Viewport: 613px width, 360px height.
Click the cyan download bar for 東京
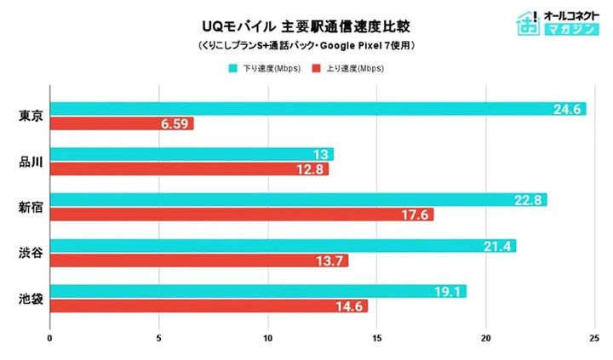tap(318, 109)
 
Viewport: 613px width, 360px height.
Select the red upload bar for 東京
tap(122, 124)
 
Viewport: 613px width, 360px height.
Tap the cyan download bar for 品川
tap(192, 154)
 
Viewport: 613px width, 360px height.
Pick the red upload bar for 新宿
tap(242, 214)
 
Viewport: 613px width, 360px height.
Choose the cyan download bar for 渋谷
tap(283, 246)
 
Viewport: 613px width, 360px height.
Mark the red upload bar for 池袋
tap(209, 306)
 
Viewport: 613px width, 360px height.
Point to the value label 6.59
tap(173, 124)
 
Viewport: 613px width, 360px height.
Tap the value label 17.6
tap(415, 214)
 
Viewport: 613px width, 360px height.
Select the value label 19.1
tap(447, 291)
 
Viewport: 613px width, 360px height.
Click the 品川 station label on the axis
tap(30, 162)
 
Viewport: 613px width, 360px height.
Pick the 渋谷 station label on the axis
tap(30, 253)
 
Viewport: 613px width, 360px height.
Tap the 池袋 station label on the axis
tap(30, 299)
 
